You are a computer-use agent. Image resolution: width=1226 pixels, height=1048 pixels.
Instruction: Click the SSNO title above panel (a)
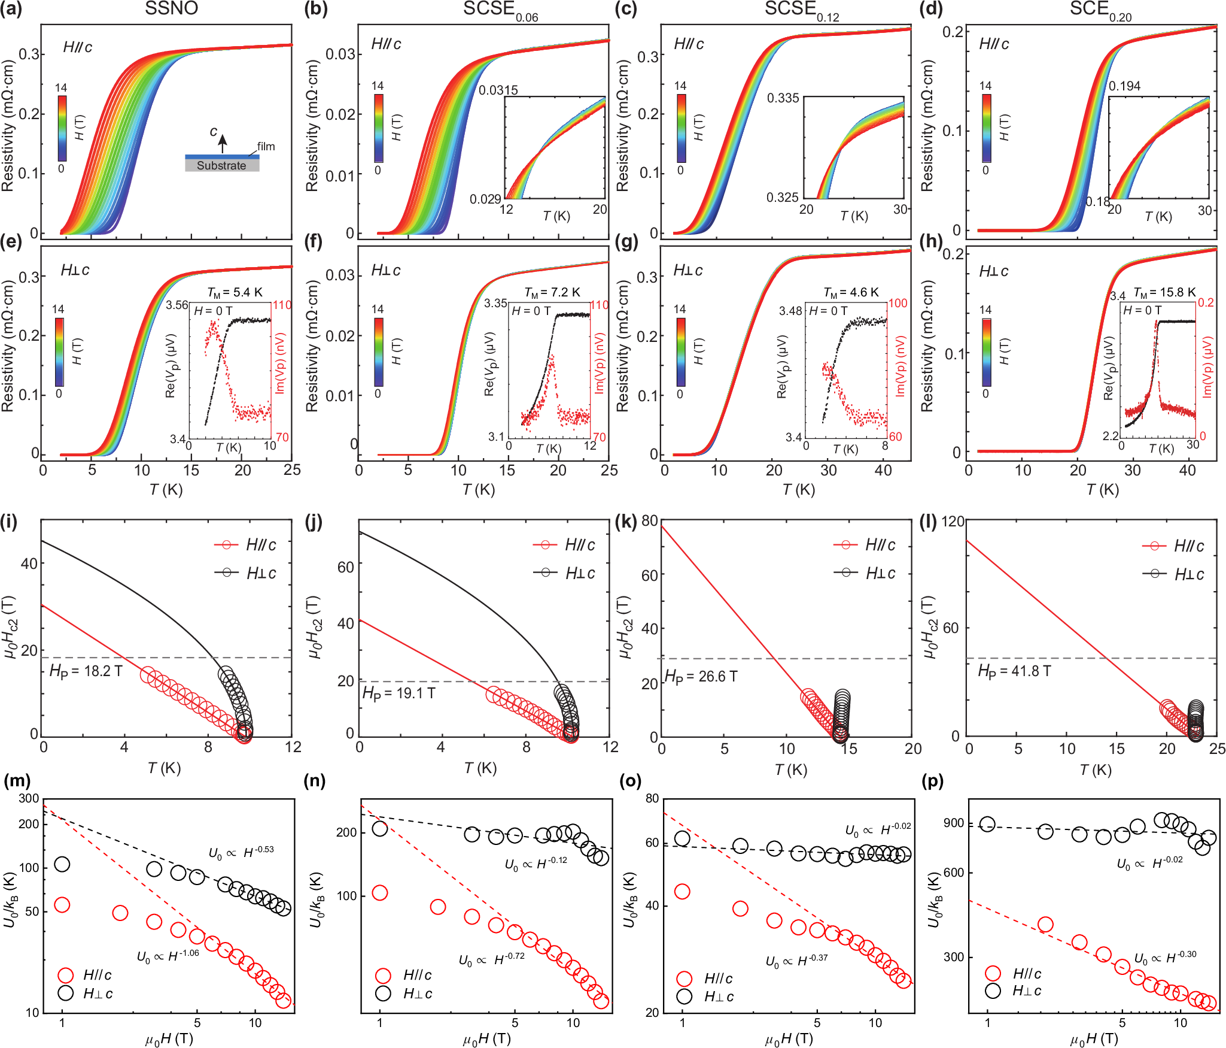pos(171,8)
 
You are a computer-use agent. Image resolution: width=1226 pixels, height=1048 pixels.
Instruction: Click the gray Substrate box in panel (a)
pos(222,166)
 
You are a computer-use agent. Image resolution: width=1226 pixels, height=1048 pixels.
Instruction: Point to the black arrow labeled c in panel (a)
pos(223,143)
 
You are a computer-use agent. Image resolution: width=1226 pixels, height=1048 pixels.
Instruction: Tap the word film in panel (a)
pos(266,146)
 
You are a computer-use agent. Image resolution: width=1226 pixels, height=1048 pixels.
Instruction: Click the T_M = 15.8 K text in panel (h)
pos(1164,292)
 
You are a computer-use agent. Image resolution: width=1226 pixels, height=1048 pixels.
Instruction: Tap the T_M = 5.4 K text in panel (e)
pos(235,292)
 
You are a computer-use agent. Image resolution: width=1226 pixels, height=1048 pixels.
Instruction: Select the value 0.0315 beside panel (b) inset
pos(498,90)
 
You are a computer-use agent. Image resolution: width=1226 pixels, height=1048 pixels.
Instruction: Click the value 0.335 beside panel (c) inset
pos(783,98)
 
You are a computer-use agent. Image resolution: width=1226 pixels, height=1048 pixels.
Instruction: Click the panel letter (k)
pos(626,522)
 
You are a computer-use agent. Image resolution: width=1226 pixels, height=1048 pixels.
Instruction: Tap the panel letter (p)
pos(933,781)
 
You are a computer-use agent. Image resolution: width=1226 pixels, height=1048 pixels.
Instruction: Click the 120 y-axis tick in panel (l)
pos(953,522)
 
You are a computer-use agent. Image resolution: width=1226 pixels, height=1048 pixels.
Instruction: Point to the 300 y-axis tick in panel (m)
pos(29,798)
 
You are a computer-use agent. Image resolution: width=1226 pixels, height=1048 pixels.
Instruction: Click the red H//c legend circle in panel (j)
pos(545,545)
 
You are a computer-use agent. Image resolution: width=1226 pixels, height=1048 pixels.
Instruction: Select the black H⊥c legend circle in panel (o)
pos(684,996)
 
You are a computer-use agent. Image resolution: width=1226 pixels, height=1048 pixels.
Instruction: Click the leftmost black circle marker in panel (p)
pos(987,825)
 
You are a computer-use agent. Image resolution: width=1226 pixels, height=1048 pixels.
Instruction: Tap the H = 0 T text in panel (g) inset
pos(828,311)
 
